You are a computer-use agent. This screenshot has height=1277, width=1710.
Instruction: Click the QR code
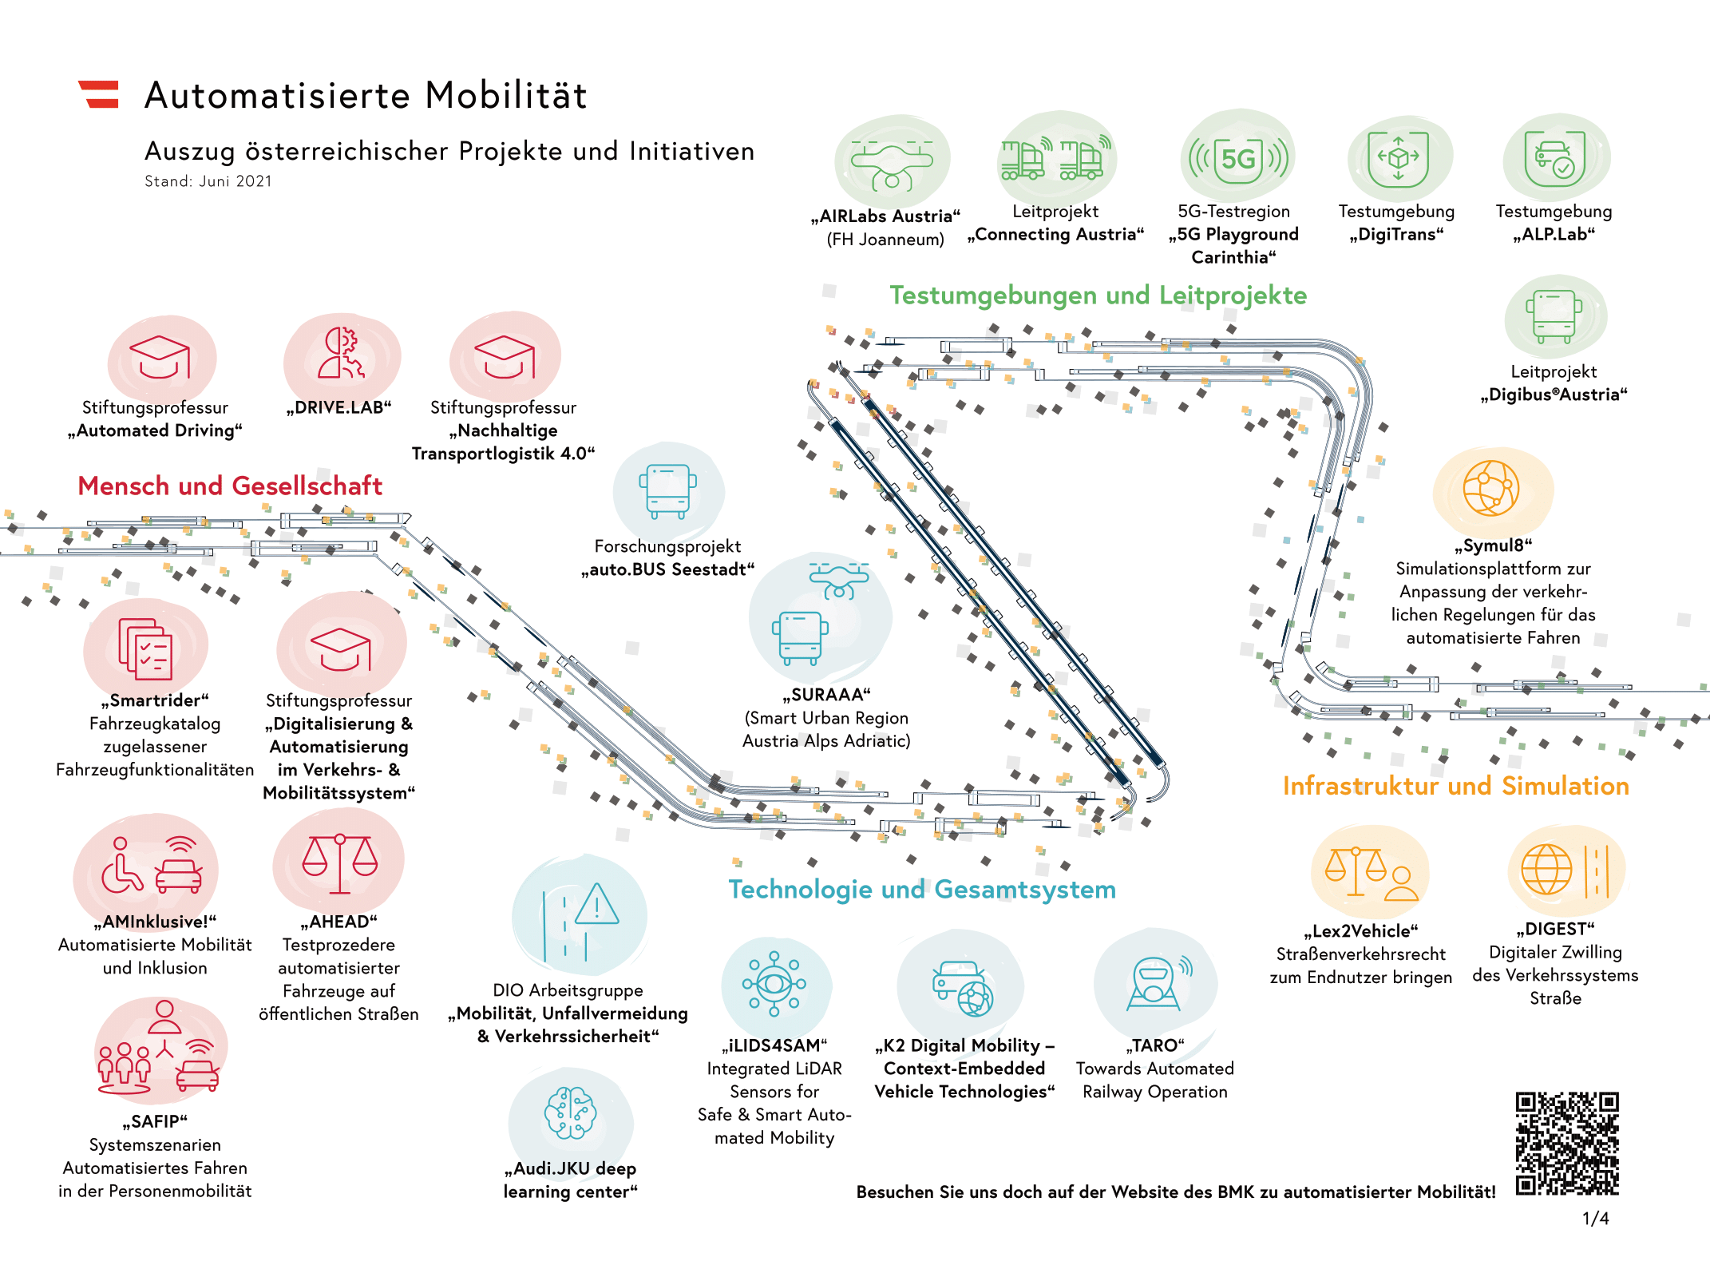click(x=1566, y=1143)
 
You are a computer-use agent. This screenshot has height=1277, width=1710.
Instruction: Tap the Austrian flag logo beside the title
click(x=99, y=94)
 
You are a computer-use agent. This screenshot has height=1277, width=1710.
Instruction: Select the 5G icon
click(x=1238, y=158)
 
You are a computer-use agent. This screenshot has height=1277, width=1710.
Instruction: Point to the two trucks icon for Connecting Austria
click(x=1055, y=158)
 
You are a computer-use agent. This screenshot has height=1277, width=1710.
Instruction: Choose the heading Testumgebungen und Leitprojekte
click(x=1098, y=295)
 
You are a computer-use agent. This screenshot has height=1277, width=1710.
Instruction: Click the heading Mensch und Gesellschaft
click(x=230, y=486)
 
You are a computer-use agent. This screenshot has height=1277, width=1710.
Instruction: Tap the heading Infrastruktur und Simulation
click(x=1455, y=786)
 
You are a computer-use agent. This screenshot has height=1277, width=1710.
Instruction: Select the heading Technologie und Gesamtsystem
click(x=922, y=890)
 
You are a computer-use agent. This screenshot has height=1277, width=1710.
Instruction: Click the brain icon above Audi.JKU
click(x=570, y=1112)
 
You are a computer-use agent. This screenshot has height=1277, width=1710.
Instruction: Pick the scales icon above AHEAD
click(x=340, y=863)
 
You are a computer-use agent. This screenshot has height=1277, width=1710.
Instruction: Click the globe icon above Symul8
click(x=1490, y=488)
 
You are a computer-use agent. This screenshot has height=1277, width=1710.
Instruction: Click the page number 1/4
click(x=1595, y=1219)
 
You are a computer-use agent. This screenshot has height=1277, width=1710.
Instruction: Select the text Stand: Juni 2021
click(x=208, y=181)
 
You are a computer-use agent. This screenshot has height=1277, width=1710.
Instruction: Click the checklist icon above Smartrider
click(x=145, y=648)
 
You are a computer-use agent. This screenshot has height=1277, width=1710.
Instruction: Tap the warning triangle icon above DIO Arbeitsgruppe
click(x=596, y=905)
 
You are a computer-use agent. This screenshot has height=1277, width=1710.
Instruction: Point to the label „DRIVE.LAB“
click(x=339, y=407)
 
